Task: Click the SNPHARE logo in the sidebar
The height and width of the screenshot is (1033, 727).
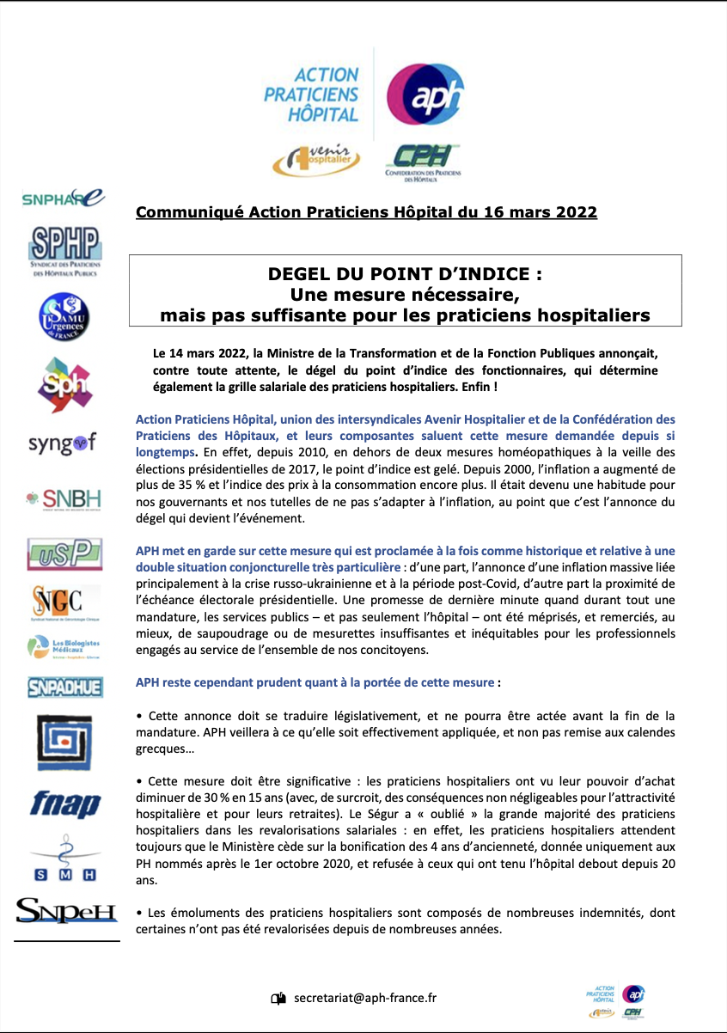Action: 63,199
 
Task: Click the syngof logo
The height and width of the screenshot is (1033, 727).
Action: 63,443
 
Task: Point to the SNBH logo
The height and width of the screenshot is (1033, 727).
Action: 63,499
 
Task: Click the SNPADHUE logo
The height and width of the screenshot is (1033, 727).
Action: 64,687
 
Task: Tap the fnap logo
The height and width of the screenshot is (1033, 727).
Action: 65,804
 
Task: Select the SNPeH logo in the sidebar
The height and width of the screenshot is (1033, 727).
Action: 66,910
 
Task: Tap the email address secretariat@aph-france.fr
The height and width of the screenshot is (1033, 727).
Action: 365,998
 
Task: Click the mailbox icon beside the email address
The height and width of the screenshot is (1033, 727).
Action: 278,999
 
